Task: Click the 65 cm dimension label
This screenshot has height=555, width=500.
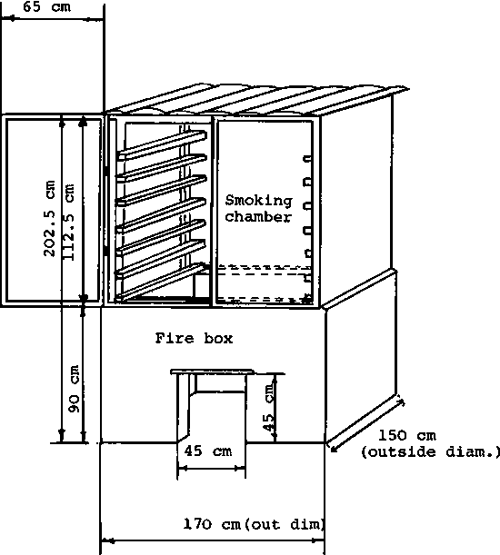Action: coord(46,6)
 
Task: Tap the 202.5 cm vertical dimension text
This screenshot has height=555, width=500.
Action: coord(50,218)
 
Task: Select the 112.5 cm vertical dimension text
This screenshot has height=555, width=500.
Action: coord(68,222)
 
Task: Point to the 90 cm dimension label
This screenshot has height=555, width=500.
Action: coord(74,389)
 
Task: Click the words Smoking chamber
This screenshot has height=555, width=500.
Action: coord(259,209)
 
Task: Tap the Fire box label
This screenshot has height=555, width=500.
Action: coord(194,339)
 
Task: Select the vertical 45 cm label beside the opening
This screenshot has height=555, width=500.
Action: coord(268,406)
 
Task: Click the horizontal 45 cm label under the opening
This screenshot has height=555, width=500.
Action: coord(208,451)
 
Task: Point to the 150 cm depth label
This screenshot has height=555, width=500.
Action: coord(407,435)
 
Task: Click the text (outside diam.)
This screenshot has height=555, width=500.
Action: coord(430,452)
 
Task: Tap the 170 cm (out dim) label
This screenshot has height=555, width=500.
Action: coord(254,524)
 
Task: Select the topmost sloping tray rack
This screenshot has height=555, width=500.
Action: coord(162,145)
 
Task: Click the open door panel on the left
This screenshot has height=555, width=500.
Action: coord(52,210)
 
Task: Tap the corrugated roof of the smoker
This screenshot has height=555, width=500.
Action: coord(258,100)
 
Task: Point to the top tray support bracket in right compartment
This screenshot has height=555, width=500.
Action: coord(307,159)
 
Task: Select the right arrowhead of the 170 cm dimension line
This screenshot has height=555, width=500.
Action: coord(319,540)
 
